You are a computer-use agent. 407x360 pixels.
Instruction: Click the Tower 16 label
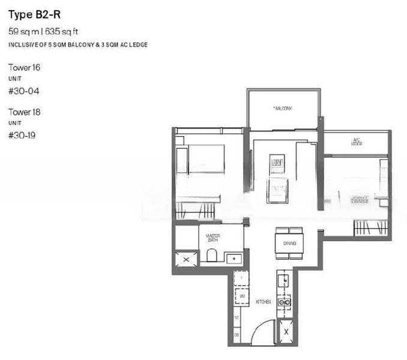25,68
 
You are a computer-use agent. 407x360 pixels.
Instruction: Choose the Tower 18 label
25,112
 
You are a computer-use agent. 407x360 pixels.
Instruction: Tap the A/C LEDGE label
357,142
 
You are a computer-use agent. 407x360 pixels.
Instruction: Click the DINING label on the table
289,244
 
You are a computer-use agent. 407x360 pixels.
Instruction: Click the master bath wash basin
234,258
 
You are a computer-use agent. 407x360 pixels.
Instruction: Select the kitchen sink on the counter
283,279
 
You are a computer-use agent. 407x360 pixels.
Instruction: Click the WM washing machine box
241,296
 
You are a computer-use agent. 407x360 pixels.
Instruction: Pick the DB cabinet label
237,334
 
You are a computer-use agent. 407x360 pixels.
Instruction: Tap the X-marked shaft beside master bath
186,259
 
